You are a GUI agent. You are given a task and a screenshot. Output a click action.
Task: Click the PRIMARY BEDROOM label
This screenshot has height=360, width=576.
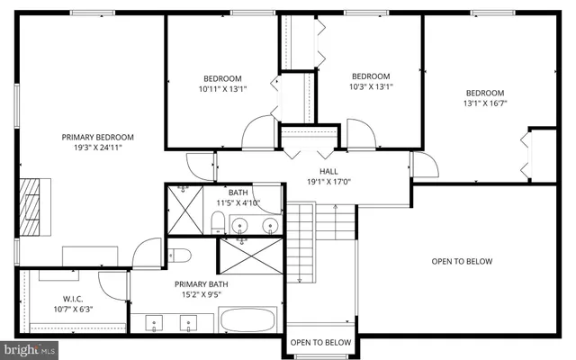[x=97, y=137]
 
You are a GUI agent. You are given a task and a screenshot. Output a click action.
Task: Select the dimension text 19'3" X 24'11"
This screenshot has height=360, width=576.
[x=97, y=148]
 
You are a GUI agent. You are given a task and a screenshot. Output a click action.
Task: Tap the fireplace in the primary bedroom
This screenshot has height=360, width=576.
[x=31, y=206]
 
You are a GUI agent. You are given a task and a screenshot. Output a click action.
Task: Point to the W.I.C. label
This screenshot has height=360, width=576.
[x=73, y=299]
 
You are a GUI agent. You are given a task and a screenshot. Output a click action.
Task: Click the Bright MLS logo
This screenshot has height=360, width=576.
[x=31, y=348]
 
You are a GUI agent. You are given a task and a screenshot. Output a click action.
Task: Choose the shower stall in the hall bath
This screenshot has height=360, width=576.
[x=183, y=211]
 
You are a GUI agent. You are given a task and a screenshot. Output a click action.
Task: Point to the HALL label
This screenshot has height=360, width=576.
[x=328, y=171]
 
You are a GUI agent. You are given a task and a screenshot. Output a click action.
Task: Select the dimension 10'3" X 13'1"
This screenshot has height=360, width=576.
[x=371, y=87]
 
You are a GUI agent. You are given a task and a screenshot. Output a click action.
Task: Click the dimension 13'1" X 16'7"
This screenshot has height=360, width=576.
[x=485, y=104]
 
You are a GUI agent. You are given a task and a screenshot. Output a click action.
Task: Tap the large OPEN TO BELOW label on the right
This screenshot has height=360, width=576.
[x=462, y=262]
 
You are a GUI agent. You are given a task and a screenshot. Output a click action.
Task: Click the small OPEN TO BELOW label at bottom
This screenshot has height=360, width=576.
[x=320, y=342]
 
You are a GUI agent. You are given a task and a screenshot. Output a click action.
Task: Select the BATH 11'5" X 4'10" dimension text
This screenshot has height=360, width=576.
[x=238, y=203]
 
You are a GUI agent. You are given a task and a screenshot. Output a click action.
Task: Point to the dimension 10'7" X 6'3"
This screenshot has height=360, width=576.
[x=73, y=310]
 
